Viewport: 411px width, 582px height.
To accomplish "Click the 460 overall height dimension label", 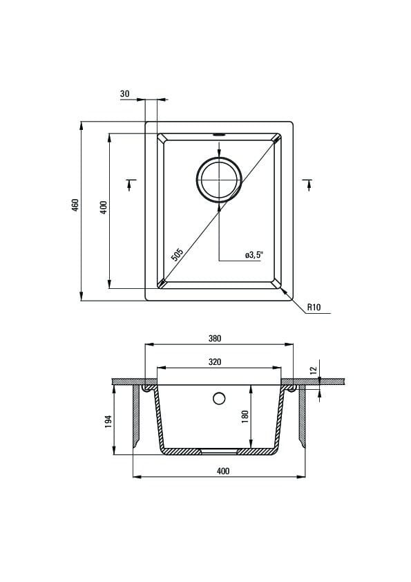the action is pyautogui.click(x=75, y=205).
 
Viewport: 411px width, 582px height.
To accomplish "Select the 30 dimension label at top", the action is pyautogui.click(x=124, y=94).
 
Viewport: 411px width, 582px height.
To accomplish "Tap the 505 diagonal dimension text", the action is pyautogui.click(x=178, y=254).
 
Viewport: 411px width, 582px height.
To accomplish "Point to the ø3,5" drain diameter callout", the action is pyautogui.click(x=254, y=254).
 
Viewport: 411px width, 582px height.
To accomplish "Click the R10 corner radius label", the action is pyautogui.click(x=314, y=308).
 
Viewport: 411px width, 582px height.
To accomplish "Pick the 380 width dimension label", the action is pyautogui.click(x=215, y=338).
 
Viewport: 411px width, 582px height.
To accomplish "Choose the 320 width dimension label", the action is pyautogui.click(x=215, y=362).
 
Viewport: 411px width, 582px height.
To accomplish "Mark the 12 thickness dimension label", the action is pyautogui.click(x=314, y=370).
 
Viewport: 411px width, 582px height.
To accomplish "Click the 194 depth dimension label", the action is pyautogui.click(x=108, y=422).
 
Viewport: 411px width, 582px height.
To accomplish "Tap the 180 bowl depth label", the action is pyautogui.click(x=245, y=417).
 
